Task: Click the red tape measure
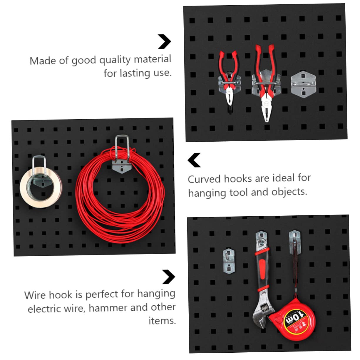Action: [x=293, y=320]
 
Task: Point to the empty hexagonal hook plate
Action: [x=303, y=84]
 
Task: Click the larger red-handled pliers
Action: [x=265, y=82]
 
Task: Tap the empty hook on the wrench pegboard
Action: [x=229, y=261]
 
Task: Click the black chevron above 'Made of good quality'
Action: [x=164, y=41]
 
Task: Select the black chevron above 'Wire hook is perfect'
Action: [x=168, y=277]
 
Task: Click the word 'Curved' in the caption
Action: [x=204, y=179]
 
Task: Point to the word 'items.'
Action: [x=162, y=321]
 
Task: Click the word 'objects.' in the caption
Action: [x=289, y=192]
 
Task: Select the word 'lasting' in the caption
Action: [x=135, y=73]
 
